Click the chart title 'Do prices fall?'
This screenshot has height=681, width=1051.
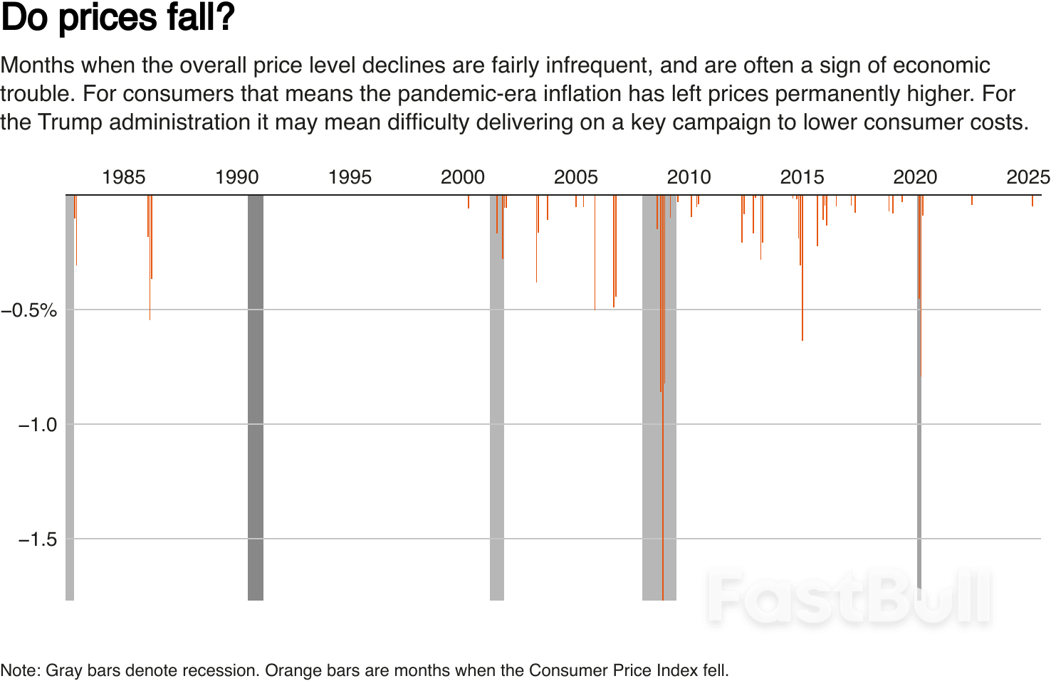(117, 19)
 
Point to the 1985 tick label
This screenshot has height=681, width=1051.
(124, 177)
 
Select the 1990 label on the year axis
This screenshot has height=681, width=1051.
(237, 177)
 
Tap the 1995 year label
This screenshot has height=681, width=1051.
(350, 177)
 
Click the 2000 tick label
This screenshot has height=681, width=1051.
(463, 177)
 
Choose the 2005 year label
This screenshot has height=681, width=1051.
(576, 177)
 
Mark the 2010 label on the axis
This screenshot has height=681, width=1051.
(689, 177)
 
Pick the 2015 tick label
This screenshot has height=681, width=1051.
(802, 177)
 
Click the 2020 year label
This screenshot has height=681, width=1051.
(915, 177)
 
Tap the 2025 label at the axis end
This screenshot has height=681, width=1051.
(1028, 177)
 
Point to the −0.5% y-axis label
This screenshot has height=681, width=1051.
(29, 310)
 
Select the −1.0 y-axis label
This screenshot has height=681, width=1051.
(37, 425)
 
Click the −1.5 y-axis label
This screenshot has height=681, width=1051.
(37, 539)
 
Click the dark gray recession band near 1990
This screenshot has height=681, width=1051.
(256, 398)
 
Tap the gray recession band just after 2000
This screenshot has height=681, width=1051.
(497, 398)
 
